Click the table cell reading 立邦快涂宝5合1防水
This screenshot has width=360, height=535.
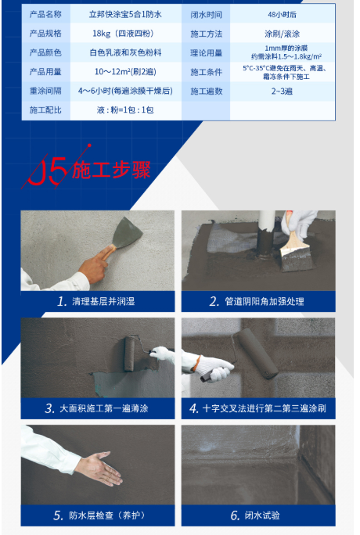125,14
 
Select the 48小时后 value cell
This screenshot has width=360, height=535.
283,14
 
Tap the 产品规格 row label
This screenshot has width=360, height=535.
45,34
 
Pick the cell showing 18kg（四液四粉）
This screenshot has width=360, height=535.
125,34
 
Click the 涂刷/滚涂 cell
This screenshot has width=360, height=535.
283,34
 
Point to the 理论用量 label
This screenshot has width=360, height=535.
206,53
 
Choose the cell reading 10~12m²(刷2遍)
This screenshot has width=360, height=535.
125,72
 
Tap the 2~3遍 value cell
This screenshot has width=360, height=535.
283,91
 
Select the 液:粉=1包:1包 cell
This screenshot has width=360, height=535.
125,110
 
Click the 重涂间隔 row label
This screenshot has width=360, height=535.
45,91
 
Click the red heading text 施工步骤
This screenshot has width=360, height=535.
111,170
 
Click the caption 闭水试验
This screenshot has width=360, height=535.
262,515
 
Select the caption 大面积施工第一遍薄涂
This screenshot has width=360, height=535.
104,408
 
